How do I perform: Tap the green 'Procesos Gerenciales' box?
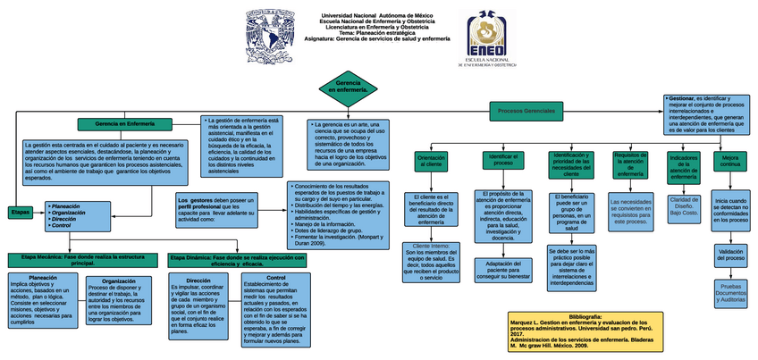(527, 110)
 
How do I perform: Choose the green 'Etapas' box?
(20, 212)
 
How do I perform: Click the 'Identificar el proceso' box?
(502, 159)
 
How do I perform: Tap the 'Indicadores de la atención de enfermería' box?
(683, 166)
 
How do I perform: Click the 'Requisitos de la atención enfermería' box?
(630, 163)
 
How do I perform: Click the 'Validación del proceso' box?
(730, 256)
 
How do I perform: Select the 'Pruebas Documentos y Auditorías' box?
(730, 293)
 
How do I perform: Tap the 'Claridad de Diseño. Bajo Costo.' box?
(684, 206)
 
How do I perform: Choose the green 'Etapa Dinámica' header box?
(237, 260)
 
